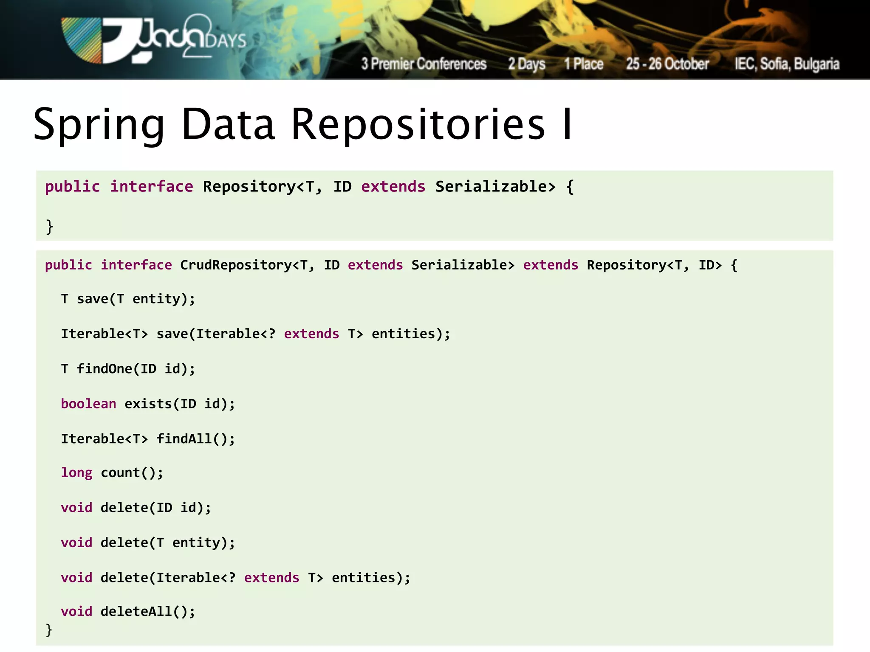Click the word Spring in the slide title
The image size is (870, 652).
99,124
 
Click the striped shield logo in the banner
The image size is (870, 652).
82,40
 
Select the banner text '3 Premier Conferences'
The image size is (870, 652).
424,64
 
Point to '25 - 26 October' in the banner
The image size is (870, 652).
667,64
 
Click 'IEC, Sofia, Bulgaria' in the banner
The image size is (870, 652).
787,64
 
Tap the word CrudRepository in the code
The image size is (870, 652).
236,265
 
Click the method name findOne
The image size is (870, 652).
105,368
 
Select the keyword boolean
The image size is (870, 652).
88,404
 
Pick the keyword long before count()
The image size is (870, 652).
76,472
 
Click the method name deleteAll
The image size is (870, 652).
136,611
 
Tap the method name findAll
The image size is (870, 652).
184,438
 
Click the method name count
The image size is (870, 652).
120,472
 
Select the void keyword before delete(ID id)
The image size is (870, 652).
76,508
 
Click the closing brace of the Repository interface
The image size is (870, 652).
50,226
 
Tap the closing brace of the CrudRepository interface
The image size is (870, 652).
49,630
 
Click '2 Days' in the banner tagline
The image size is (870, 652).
527,64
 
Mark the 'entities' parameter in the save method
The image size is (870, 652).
404,334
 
